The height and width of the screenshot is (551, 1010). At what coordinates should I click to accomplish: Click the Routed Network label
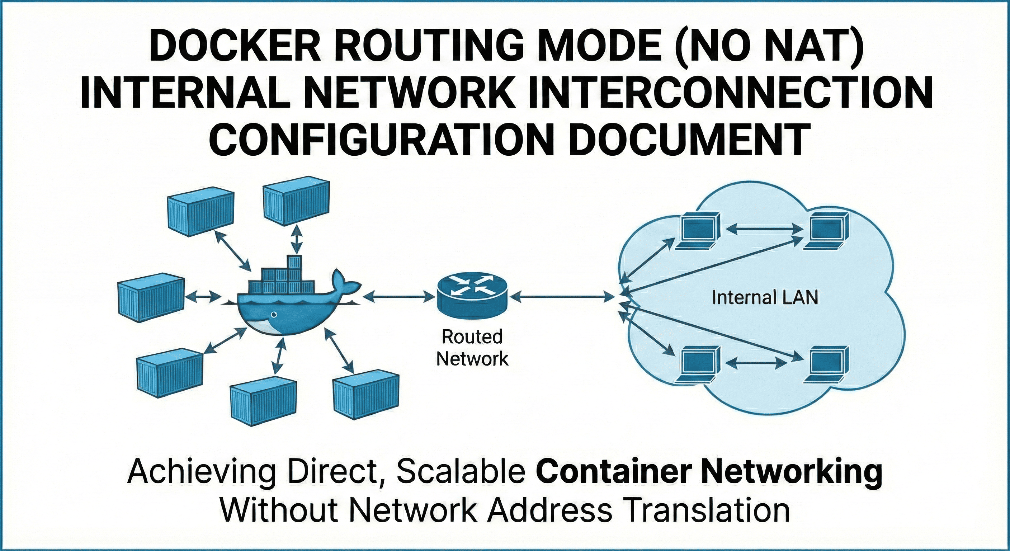coord(472,348)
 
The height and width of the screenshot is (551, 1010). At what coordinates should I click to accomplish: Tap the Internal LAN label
coord(765,298)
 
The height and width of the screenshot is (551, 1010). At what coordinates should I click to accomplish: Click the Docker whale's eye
coord(274,315)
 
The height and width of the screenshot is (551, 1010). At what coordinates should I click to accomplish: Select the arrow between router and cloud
coord(561,297)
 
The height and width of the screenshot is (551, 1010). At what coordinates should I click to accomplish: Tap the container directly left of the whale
coord(151,297)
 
